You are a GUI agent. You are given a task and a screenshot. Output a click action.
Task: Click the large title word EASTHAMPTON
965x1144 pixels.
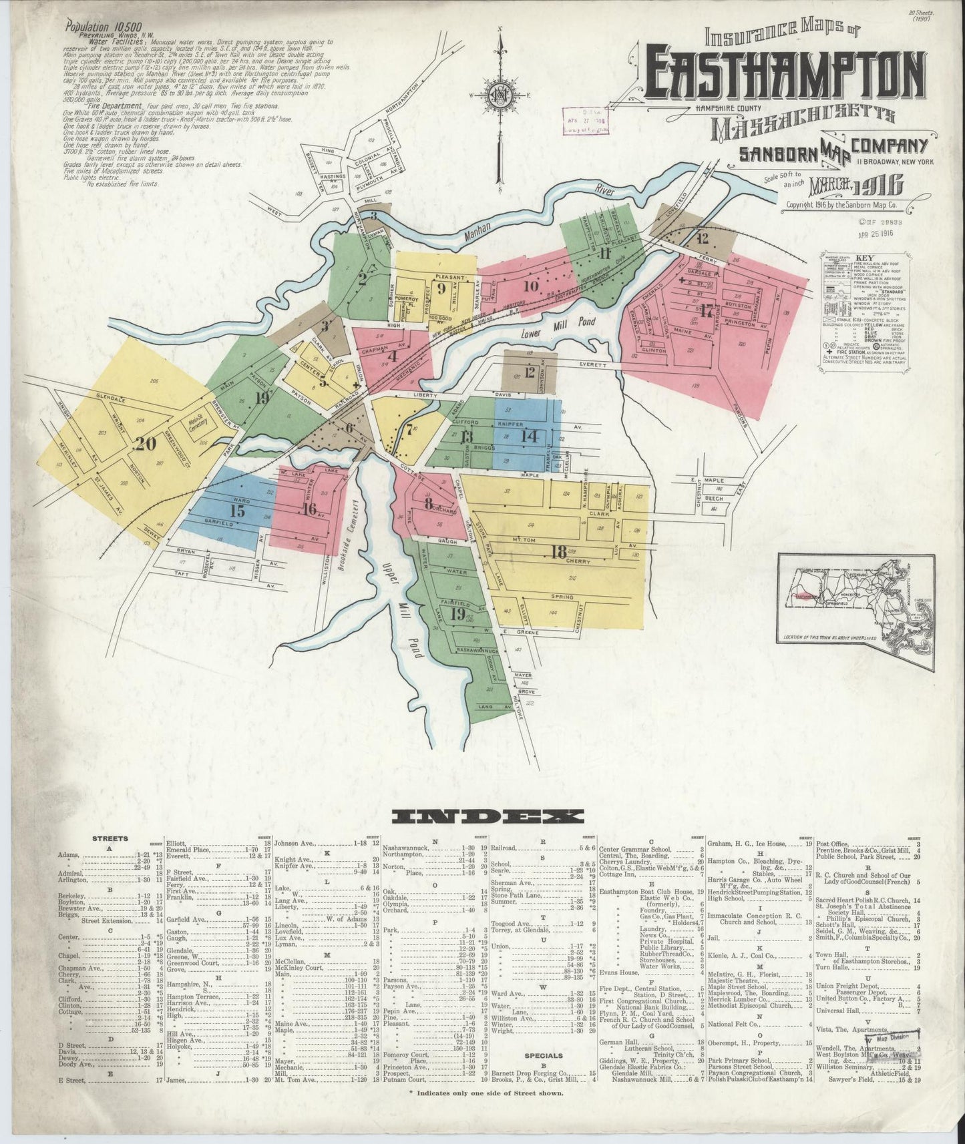click(786, 73)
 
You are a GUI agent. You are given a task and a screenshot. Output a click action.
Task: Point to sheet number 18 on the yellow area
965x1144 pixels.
click(559, 551)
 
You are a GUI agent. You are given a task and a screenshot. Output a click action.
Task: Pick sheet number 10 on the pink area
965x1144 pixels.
click(531, 287)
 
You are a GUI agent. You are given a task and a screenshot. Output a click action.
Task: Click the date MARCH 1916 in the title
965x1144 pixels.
click(857, 184)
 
